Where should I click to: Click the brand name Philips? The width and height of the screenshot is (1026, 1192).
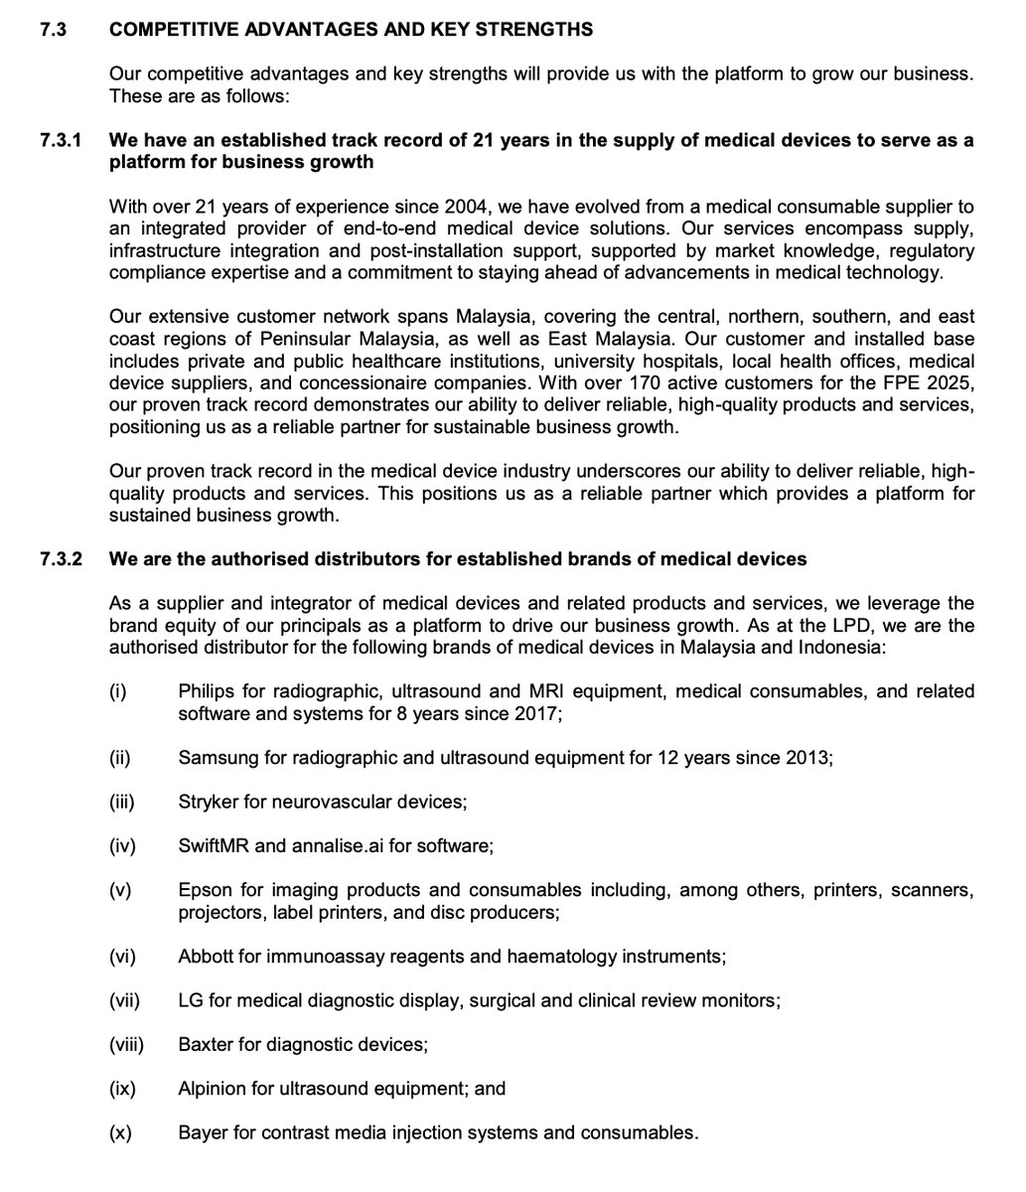(x=207, y=691)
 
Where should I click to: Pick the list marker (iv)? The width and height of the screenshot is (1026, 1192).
(x=122, y=846)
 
